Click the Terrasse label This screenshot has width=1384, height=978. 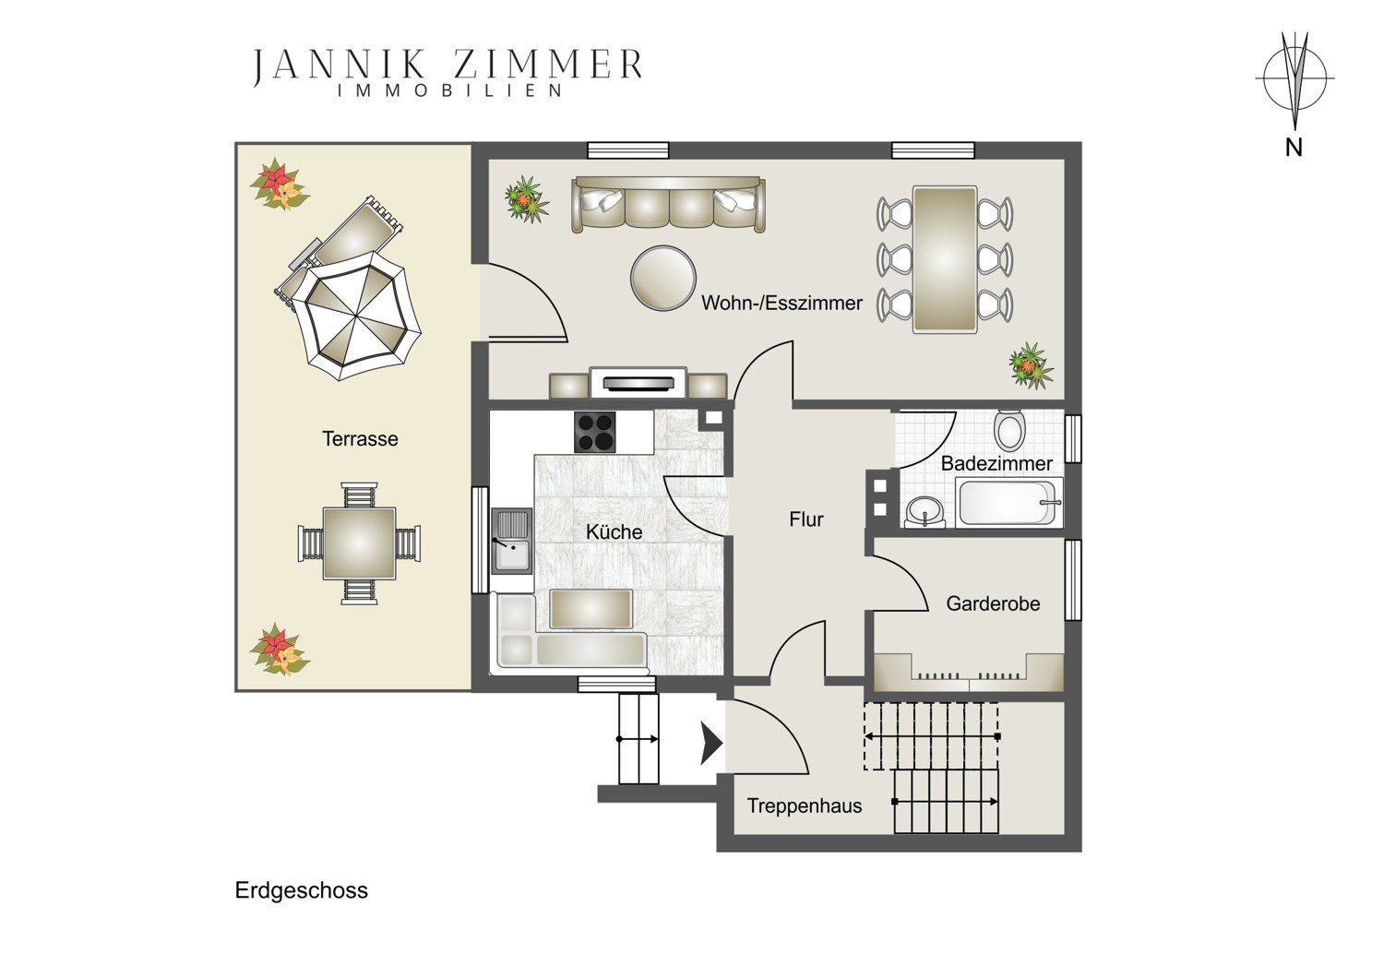pos(360,438)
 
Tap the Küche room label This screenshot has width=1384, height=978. pos(614,532)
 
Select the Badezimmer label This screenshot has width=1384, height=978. pos(996,463)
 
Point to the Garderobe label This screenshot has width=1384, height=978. pos(993,603)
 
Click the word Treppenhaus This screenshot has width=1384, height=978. pos(805,806)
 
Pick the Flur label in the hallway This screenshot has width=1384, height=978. pos(806,519)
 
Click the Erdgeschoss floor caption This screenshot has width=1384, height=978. pos(302,891)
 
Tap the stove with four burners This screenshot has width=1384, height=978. pos(595,433)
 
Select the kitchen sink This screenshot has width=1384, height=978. pos(511,542)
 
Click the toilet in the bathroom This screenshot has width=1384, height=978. pos(1010,429)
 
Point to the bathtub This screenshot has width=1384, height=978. pos(1009,503)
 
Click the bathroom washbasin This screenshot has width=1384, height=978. pos(925,512)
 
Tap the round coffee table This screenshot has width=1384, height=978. pos(663,278)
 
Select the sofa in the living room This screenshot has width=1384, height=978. pos(669,205)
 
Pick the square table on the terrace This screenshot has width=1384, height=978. pos(359,543)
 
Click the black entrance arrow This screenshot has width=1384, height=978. pos(711,744)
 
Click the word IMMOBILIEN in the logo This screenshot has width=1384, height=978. pos(449,90)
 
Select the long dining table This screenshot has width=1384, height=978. pos(945,259)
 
